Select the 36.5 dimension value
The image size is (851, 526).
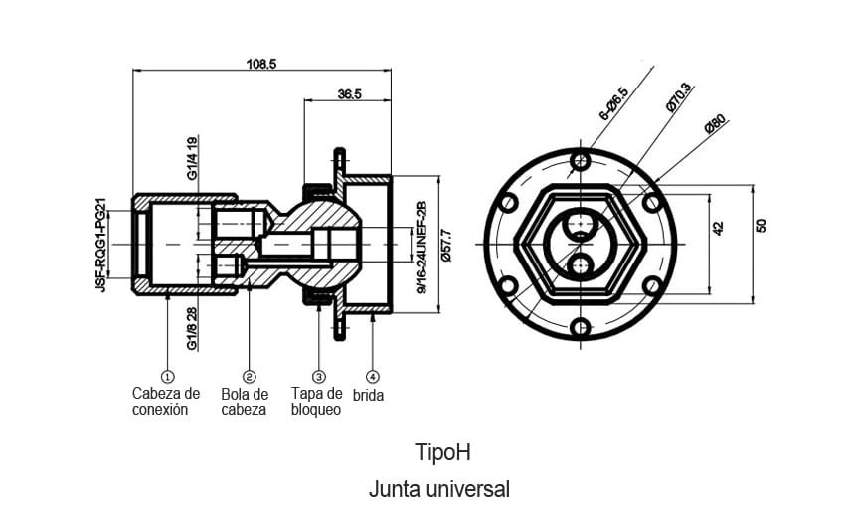(x=349, y=94)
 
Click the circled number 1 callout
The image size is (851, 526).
(x=167, y=377)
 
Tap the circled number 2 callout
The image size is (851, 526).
(x=249, y=377)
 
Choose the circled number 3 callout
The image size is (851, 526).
(x=319, y=377)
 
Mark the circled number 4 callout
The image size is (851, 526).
(x=372, y=377)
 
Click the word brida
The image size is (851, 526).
(x=369, y=395)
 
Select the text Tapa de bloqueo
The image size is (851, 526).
(x=316, y=402)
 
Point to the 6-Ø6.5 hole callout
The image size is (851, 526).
(x=613, y=104)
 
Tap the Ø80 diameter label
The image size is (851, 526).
(x=716, y=125)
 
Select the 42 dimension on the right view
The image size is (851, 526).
(x=719, y=228)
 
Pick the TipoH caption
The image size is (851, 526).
(x=441, y=452)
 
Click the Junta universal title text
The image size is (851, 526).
(x=438, y=489)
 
